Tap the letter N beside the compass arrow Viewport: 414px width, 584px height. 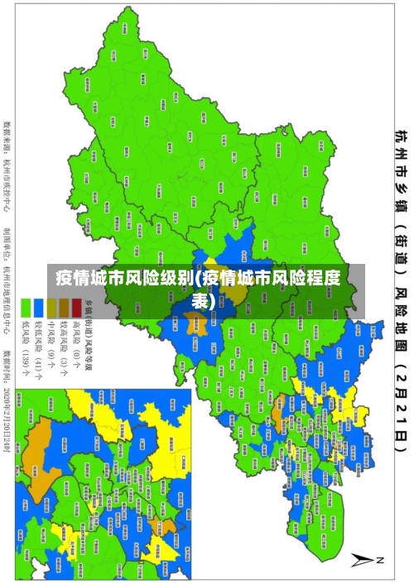(x=381, y=560)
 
